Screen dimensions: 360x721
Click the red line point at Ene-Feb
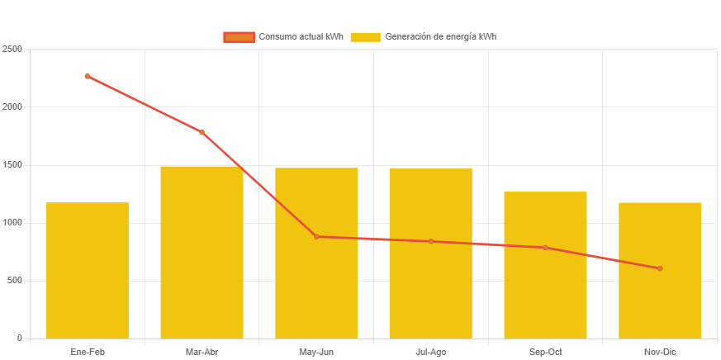pos(88,76)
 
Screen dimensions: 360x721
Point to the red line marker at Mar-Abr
pos(202,132)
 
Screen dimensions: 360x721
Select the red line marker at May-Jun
pos(316,237)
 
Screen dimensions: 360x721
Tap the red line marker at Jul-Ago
pos(430,241)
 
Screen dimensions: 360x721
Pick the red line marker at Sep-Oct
pos(545,248)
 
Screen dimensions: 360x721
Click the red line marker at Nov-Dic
pos(660,268)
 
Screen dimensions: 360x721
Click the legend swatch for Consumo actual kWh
pos(239,37)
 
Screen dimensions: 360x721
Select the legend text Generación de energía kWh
pos(440,37)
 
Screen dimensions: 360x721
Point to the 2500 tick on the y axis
pos(12,49)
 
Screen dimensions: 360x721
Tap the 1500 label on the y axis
pos(12,164)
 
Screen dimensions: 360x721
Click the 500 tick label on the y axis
pos(14,280)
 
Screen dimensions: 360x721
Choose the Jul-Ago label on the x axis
pos(430,352)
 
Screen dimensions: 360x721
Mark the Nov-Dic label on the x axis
pos(660,352)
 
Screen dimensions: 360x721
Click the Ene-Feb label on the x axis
pos(88,352)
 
